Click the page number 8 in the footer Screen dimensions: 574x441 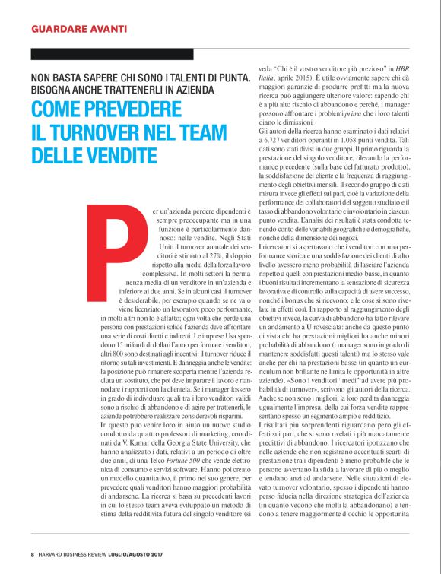pos(33,553)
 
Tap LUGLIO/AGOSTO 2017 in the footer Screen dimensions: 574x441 pos(139,553)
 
